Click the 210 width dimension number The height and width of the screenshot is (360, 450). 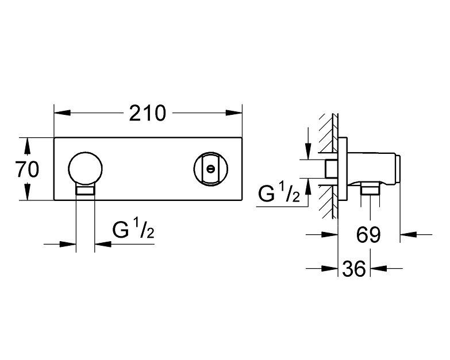[147, 113]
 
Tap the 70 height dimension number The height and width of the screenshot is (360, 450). [27, 169]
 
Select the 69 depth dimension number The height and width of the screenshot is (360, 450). [368, 234]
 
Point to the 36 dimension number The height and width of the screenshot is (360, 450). [354, 268]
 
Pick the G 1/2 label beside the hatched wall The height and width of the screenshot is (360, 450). [279, 195]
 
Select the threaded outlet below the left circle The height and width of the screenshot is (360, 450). [86, 191]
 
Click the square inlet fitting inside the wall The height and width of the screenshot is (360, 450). [330, 169]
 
